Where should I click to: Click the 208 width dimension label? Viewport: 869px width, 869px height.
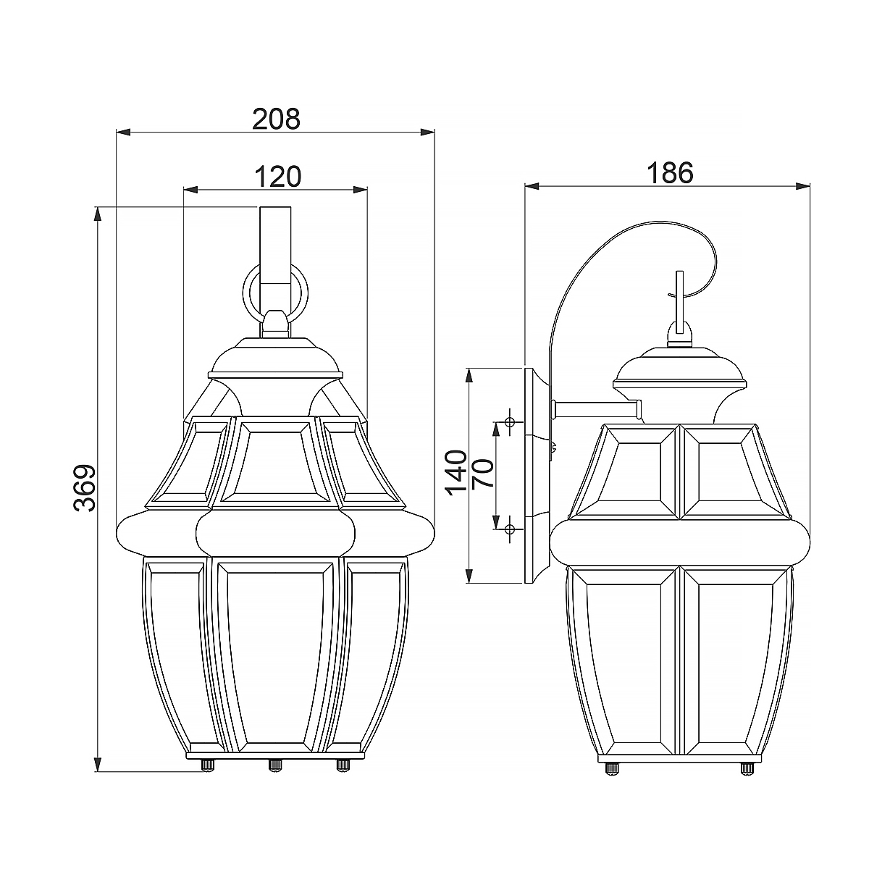[x=275, y=118]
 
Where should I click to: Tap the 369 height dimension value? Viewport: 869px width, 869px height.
[x=85, y=487]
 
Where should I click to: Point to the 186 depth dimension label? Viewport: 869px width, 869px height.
[x=669, y=172]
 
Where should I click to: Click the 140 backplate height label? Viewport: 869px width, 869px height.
[x=456, y=472]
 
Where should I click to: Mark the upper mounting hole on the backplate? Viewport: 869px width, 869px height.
[x=510, y=421]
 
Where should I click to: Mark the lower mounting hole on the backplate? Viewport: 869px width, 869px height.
[x=510, y=529]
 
